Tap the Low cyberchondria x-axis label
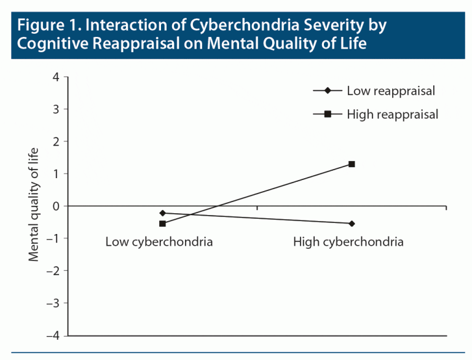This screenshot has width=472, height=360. tap(159, 242)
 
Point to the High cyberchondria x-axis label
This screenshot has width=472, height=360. tap(348, 242)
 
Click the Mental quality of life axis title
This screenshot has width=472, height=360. tap(34, 205)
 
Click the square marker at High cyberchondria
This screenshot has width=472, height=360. tap(352, 164)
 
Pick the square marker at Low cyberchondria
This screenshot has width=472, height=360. tap(162, 224)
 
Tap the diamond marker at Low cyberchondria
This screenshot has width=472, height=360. tap(162, 213)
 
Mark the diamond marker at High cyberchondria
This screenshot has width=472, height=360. tap(352, 224)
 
